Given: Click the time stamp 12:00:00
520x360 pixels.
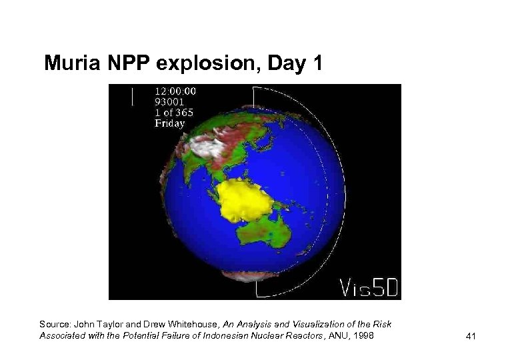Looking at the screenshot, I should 175,91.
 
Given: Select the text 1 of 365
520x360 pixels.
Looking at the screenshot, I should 174,113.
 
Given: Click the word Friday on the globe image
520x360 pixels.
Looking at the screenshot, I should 170,123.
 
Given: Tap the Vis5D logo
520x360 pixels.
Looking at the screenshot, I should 369,287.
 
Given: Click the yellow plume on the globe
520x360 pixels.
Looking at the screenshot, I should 243,200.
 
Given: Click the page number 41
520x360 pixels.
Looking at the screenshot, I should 471,337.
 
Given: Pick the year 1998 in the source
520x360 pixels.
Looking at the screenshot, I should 363,335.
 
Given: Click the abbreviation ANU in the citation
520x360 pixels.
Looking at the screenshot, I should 337,335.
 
